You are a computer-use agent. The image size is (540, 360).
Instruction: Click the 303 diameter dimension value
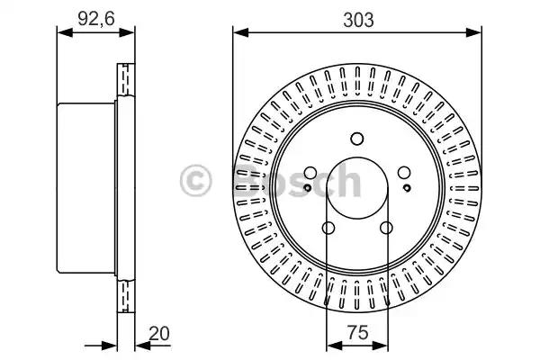[356, 18]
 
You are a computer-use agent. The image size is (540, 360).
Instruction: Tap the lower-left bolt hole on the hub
[328, 228]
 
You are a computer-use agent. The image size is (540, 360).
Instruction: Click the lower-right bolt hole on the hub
[386, 228]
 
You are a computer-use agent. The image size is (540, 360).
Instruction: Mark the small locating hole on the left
[307, 187]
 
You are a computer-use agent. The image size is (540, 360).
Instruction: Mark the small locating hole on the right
[407, 187]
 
